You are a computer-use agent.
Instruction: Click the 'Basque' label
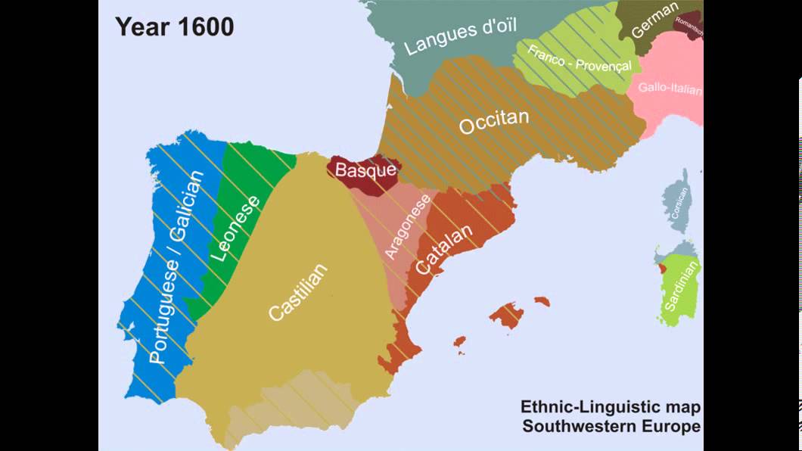365,170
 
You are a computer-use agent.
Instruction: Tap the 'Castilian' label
299,292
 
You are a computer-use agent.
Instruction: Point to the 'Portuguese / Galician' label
177,267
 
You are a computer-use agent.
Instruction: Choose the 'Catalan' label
444,249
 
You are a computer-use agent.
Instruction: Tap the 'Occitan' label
494,121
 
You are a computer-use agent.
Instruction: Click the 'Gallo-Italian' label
670,89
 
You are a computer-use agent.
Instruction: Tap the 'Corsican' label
683,204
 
